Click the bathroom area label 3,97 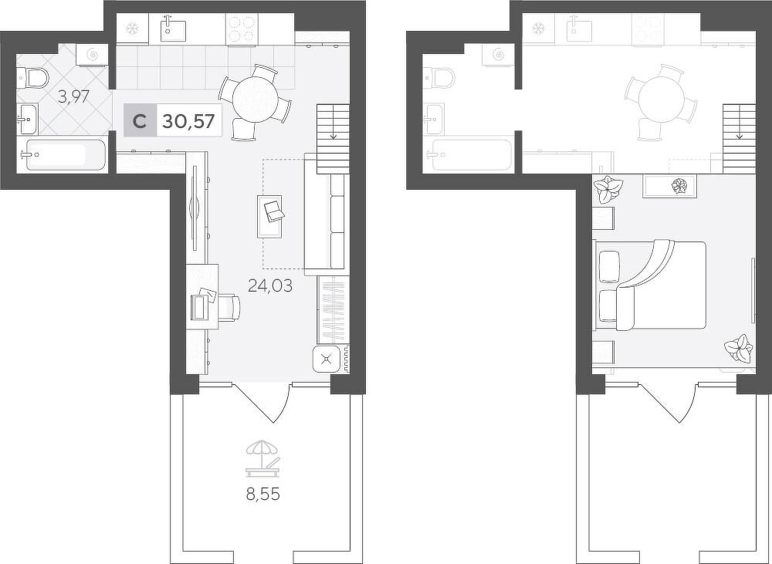click(73, 96)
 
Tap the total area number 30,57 click(188, 120)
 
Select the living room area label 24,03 click(270, 285)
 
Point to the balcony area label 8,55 click(263, 494)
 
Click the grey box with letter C click(140, 120)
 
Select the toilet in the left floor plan click(32, 78)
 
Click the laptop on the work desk click(203, 304)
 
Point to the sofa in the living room click(325, 214)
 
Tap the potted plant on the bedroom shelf click(679, 186)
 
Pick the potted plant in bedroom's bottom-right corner click(739, 349)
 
